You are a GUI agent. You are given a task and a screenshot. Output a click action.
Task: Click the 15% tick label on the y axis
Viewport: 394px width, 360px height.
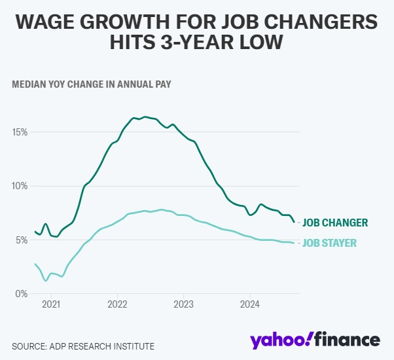click(x=19, y=132)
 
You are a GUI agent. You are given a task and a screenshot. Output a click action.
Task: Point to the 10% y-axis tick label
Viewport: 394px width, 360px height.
click(x=19, y=186)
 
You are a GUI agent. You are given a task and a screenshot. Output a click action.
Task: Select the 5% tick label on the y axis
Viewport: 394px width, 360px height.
click(x=21, y=240)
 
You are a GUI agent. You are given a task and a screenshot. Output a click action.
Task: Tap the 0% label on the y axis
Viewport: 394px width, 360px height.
click(x=21, y=294)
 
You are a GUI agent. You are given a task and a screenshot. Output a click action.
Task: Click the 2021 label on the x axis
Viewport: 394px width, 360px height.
click(x=50, y=304)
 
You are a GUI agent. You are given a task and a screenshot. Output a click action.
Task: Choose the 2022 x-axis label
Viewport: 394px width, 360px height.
click(x=117, y=304)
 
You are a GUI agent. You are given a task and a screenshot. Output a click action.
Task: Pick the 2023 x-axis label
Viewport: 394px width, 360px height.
click(x=183, y=304)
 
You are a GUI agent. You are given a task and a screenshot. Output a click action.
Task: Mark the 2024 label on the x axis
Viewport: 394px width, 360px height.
click(x=249, y=304)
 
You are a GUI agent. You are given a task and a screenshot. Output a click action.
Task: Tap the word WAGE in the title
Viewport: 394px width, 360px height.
click(x=48, y=23)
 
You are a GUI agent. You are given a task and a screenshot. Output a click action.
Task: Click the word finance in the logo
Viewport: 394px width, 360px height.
click(x=347, y=340)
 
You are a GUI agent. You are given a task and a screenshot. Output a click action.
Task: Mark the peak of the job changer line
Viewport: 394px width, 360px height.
click(x=145, y=117)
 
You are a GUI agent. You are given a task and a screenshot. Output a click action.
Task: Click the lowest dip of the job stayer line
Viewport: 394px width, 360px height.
click(x=45, y=280)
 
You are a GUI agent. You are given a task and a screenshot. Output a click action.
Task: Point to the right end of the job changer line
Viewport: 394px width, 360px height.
click(x=294, y=222)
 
